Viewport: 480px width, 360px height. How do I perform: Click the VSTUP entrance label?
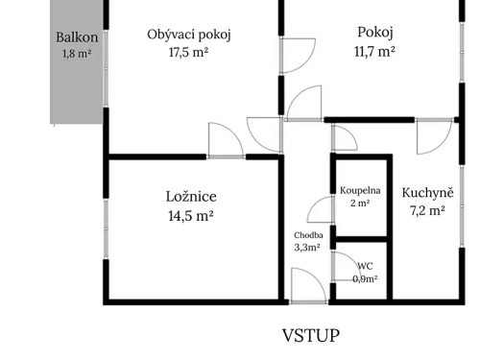pos(310,336)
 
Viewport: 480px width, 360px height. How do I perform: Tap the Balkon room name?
pos(77,37)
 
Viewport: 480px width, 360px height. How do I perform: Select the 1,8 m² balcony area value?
pos(77,54)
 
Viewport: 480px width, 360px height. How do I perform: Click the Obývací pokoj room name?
pos(189,35)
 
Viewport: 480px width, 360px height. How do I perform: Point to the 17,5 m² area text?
pos(189,53)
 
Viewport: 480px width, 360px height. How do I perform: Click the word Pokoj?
pos(373,31)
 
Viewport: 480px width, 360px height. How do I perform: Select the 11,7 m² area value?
pos(373,52)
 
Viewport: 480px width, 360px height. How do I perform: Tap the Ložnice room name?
pos(189,197)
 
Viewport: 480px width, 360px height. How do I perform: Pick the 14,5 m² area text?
pos(189,217)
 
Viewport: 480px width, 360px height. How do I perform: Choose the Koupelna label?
pos(360,190)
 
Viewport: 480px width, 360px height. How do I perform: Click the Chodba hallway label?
pos(308,234)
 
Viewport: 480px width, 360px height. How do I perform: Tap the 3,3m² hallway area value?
pos(308,247)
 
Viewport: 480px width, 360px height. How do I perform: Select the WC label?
pos(365,266)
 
